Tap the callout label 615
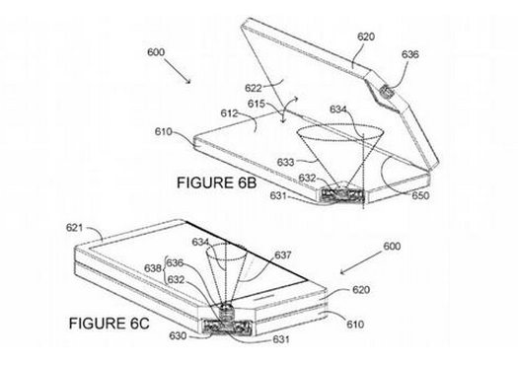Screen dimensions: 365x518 (x=257, y=104)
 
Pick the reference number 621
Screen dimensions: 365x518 (x=78, y=227)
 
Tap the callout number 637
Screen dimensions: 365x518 (x=283, y=255)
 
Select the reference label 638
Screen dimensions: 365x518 (x=153, y=268)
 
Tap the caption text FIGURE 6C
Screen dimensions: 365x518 (x=110, y=322)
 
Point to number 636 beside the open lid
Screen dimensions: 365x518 (x=409, y=55)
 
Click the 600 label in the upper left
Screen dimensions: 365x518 (x=157, y=52)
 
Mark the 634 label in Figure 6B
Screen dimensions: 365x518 (x=338, y=109)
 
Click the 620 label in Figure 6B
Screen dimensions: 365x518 (x=365, y=36)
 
